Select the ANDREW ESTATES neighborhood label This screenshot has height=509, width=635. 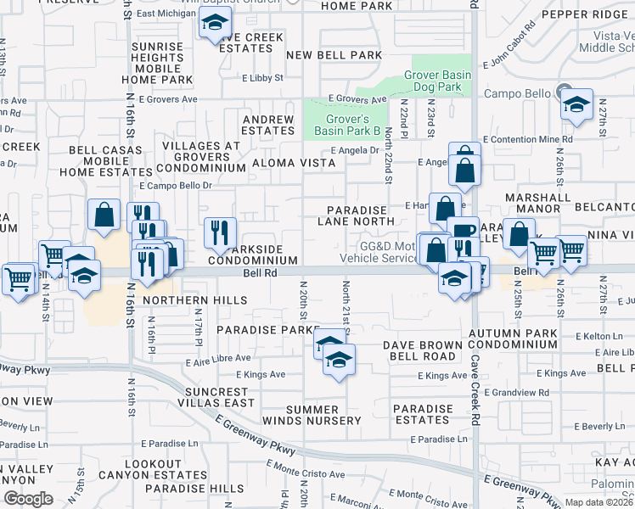[x=267, y=126]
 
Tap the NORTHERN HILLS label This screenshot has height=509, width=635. [x=195, y=300]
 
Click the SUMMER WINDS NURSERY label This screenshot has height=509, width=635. [x=323, y=415]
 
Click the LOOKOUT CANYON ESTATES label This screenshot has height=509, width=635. [x=163, y=469]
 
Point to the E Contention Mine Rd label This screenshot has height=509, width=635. [x=527, y=139]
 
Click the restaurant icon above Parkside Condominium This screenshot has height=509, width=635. [x=220, y=232]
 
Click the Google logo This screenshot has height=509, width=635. [x=28, y=499]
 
